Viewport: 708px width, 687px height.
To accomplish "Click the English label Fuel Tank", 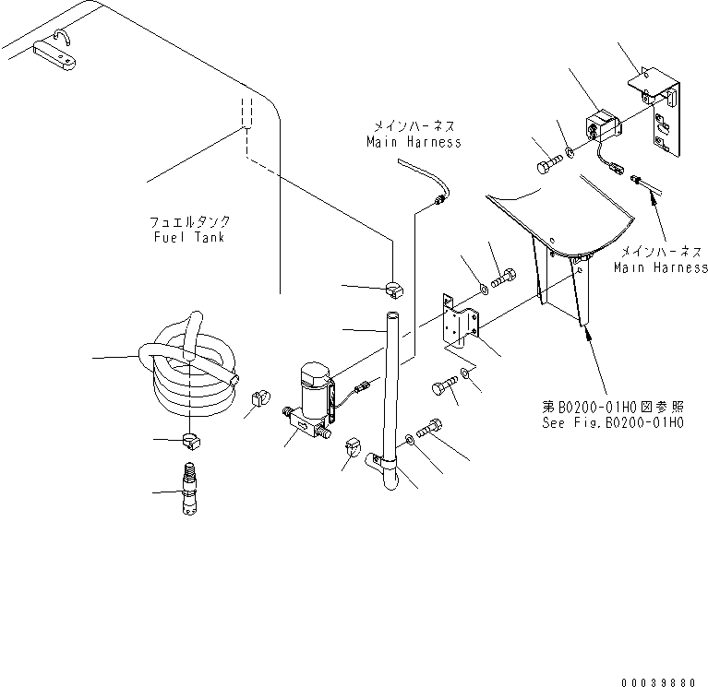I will [191, 237].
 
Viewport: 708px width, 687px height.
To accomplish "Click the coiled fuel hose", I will [189, 364].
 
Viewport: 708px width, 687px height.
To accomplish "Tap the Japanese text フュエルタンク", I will [190, 222].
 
